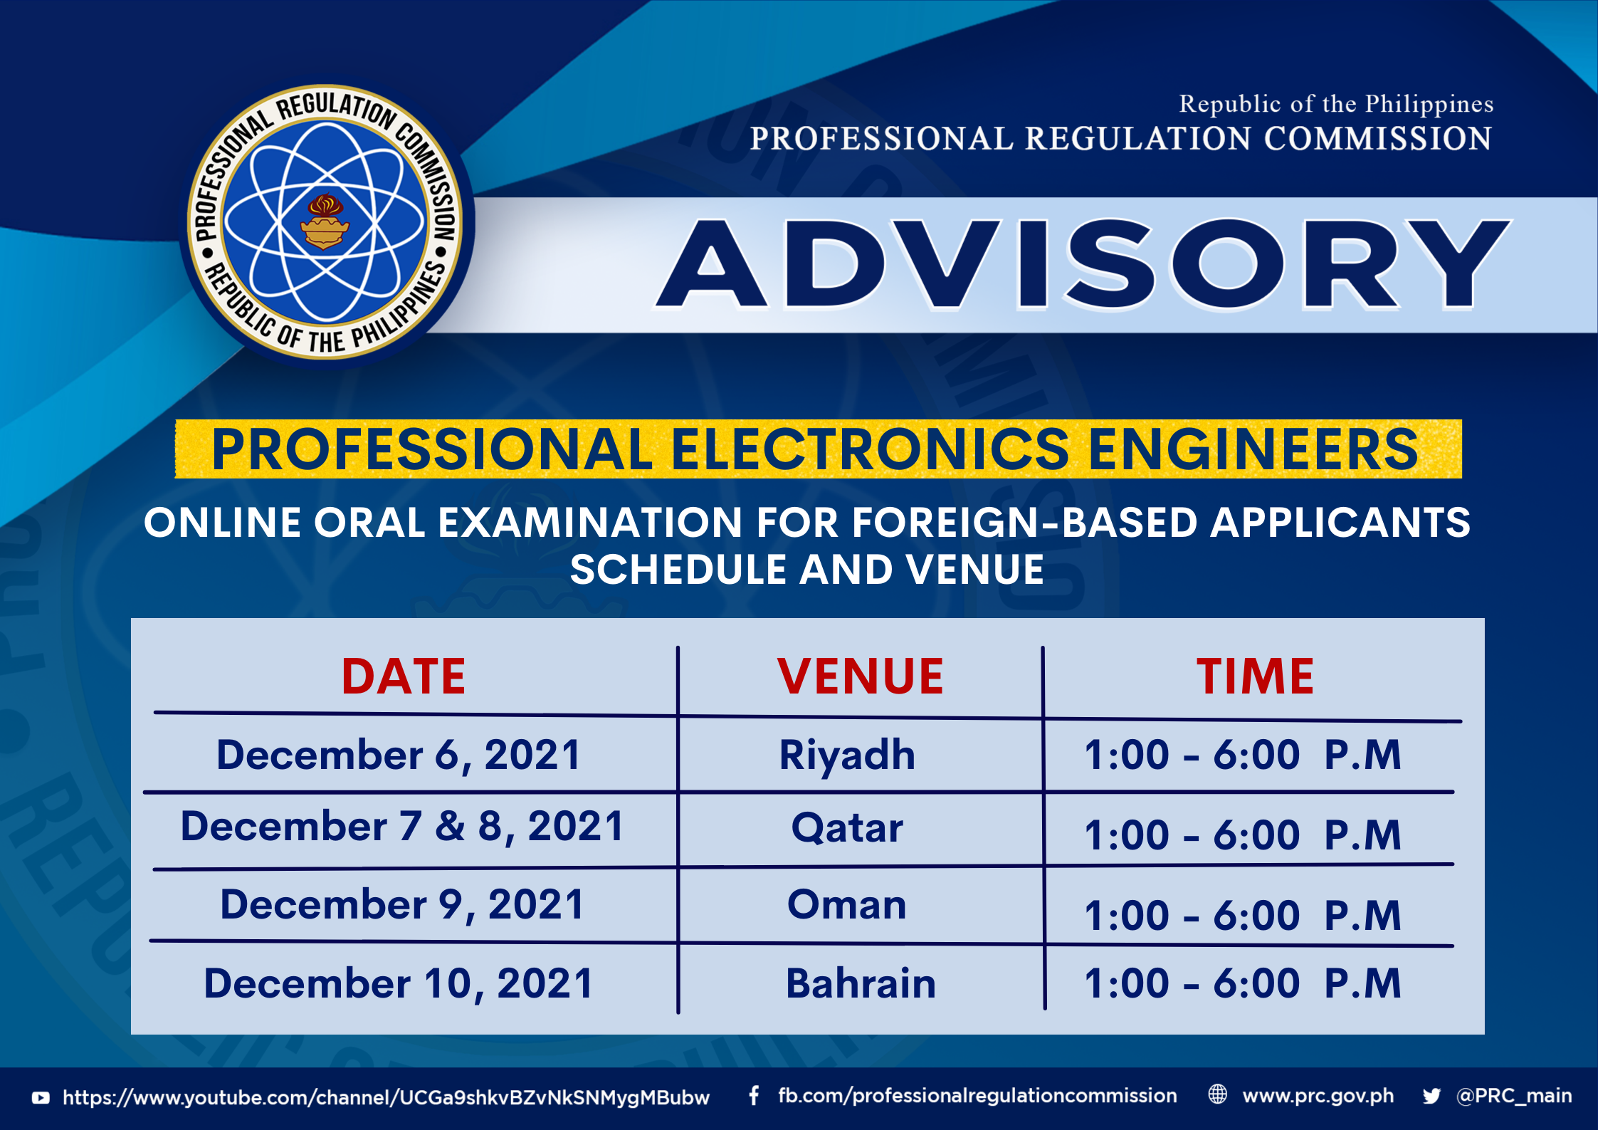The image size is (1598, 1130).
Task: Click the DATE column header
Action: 404,676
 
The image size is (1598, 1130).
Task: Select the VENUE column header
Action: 860,676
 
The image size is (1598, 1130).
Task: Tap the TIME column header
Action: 1255,676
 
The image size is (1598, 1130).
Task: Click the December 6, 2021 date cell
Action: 399,755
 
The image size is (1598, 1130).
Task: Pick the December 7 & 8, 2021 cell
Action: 402,827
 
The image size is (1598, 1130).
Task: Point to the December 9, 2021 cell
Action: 402,904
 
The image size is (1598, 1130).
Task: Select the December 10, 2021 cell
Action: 399,983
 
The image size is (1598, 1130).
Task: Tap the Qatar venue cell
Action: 847,828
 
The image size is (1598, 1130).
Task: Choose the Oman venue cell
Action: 847,905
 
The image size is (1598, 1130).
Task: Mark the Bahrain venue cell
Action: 861,983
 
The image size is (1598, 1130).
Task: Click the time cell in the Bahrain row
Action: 1243,983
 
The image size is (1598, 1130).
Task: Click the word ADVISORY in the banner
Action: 1083,264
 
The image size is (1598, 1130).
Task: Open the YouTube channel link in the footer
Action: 386,1097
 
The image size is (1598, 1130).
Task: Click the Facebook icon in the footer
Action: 754,1095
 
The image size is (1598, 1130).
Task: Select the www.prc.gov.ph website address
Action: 1318,1096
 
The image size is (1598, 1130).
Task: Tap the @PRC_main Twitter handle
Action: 1514,1096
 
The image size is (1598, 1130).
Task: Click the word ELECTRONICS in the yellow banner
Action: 871,449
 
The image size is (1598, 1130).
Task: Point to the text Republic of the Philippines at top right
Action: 1336,104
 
